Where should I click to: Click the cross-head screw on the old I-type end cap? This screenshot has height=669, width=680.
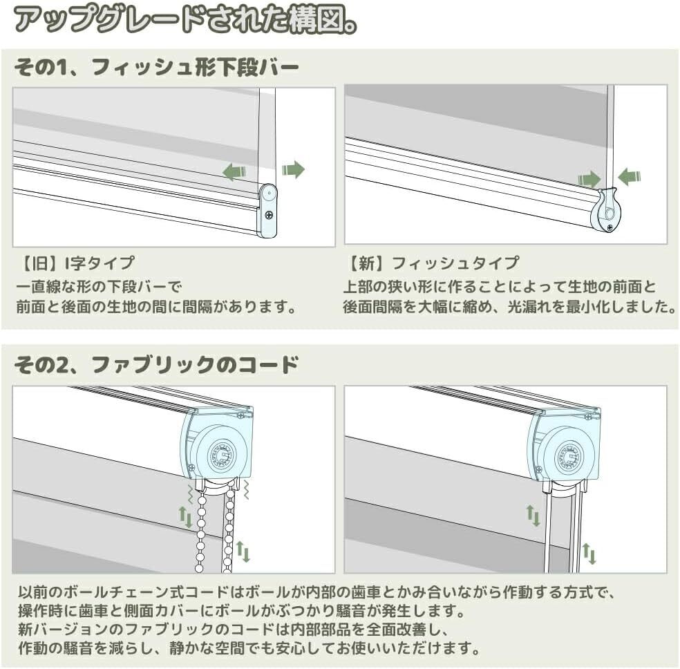point(267,216)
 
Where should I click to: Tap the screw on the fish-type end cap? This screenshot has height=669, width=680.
point(609,226)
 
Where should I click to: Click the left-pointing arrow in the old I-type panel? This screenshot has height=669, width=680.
point(235,171)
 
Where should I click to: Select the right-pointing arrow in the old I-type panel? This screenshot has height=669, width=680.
point(293,169)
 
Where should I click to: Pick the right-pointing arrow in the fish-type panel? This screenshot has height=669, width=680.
point(589,180)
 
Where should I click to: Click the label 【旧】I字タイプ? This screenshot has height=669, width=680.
point(75,263)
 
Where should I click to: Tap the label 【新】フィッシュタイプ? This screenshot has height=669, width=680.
point(431,263)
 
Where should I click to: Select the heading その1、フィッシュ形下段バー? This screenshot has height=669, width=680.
point(156,68)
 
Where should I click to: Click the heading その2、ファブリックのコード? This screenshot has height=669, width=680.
point(156,364)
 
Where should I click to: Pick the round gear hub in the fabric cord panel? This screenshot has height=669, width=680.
point(570,453)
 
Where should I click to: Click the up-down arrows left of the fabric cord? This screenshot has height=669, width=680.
point(533,516)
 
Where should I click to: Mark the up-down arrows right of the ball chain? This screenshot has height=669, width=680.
point(243,552)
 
